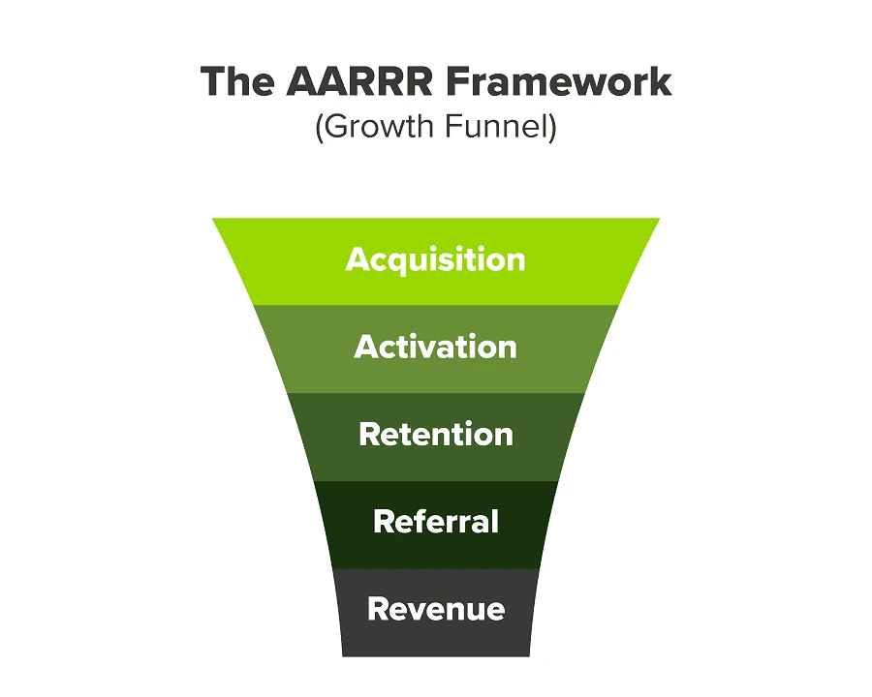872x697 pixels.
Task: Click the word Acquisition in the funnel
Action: (435, 260)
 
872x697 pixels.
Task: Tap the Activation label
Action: (435, 347)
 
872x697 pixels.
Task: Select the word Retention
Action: (436, 434)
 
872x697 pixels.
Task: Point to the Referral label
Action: (436, 522)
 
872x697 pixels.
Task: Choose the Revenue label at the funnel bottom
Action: (436, 609)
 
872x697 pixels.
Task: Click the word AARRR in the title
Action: (359, 81)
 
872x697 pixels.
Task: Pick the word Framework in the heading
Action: (559, 81)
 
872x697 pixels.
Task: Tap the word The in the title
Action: (237, 81)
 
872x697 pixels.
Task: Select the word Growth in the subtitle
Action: (378, 126)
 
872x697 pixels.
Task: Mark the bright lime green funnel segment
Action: (436, 261)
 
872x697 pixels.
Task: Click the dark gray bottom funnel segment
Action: (436, 613)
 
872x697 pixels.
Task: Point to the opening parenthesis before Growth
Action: (319, 128)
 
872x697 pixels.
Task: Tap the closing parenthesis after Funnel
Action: (553, 128)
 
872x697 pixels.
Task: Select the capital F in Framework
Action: (457, 81)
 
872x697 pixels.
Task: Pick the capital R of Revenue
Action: (378, 609)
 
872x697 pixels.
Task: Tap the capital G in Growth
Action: (336, 126)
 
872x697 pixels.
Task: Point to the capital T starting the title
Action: (213, 81)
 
